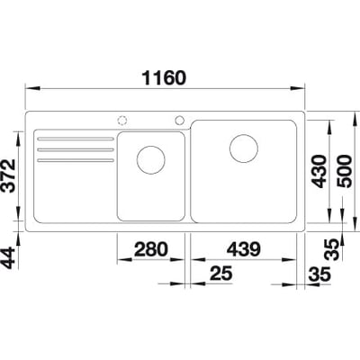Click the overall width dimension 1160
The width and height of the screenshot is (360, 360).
163,76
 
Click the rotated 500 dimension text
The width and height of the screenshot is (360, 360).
342,168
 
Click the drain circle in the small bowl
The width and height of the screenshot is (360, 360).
150,162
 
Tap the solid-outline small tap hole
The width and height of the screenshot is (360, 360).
181,120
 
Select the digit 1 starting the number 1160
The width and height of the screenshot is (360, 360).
143,76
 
